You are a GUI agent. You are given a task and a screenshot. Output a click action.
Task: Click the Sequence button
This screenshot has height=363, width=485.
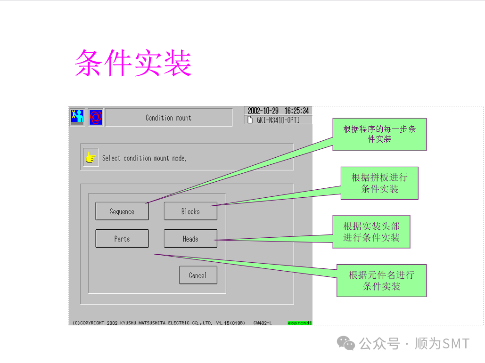122,211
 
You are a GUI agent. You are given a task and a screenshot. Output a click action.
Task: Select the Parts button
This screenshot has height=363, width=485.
122,239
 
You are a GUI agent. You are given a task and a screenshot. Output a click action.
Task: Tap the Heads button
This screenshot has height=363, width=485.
190,239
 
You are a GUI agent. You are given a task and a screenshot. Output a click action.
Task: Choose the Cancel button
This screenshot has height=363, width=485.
198,275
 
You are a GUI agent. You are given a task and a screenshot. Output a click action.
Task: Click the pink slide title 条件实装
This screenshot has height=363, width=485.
133,63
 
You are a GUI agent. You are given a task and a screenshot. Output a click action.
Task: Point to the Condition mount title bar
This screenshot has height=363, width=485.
168,118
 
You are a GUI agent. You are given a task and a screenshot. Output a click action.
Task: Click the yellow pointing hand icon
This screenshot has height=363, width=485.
91,158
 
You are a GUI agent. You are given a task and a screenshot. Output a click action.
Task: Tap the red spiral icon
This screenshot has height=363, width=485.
95,117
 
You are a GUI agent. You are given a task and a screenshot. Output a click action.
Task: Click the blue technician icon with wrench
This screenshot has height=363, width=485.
77,116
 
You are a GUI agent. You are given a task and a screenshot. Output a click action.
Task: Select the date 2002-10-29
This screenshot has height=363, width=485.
263,111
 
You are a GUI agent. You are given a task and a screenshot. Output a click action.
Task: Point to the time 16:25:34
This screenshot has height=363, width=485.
296,111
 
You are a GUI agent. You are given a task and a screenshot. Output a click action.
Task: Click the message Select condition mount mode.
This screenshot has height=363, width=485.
144,158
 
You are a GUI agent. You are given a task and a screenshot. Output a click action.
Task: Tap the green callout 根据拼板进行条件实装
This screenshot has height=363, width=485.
379,183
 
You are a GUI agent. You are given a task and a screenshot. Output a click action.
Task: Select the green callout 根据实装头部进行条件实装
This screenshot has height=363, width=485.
371,232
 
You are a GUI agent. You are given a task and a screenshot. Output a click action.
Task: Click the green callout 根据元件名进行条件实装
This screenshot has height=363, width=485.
381,280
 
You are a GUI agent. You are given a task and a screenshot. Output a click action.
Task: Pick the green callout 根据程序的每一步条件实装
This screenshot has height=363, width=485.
379,134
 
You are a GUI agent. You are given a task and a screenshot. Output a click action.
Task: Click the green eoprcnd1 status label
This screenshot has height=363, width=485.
300,323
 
